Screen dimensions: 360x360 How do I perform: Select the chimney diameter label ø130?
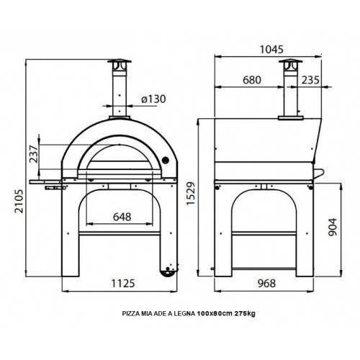point(149,99)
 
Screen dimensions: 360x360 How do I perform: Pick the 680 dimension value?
point(251,80)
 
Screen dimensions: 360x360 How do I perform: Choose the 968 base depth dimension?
point(266,284)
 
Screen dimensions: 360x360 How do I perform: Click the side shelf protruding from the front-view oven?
point(48,174)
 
